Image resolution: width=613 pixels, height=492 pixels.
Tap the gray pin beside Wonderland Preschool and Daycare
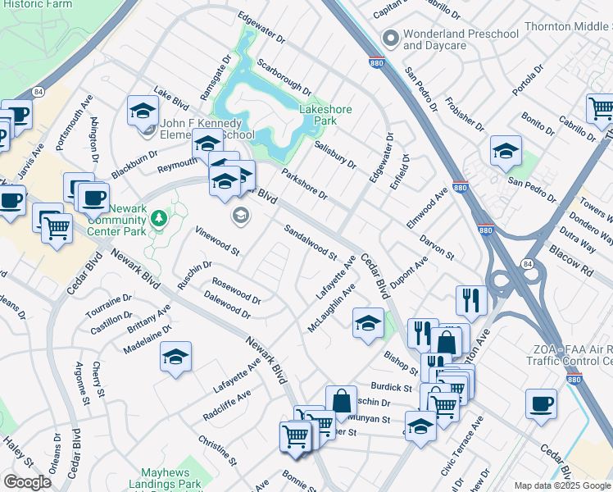coord(391,39)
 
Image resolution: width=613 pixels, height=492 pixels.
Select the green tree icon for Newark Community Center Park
coord(158,219)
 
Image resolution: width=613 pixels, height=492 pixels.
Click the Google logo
coord(27,482)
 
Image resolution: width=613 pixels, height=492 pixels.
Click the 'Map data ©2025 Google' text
coord(562,485)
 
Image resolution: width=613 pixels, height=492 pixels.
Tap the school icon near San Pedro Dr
coord(506,151)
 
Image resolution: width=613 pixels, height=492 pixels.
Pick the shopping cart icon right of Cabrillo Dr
coord(602,107)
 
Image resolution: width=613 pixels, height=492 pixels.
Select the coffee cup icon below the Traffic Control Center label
coord(541,404)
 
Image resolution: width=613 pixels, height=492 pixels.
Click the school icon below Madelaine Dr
coord(175,357)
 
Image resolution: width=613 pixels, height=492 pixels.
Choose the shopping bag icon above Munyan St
coord(341,401)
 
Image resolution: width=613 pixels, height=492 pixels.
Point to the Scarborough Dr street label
coord(284,75)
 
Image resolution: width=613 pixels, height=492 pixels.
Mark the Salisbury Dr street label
coord(335,153)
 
